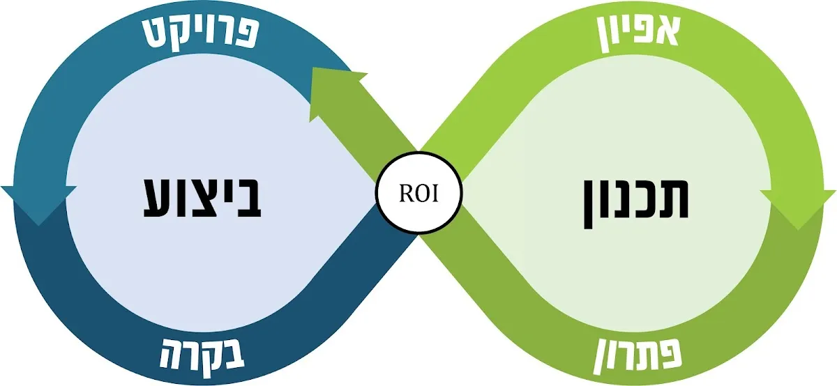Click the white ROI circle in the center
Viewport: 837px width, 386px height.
click(418, 193)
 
